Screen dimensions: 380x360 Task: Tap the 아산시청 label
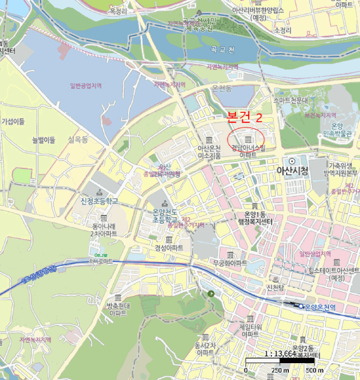pyautogui.click(x=292, y=171)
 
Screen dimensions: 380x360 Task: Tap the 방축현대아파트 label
pyautogui.click(x=118, y=309)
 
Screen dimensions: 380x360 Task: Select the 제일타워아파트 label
pyautogui.click(x=250, y=331)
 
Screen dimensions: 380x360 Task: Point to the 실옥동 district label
pyautogui.click(x=78, y=140)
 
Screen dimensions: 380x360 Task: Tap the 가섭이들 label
pyautogui.click(x=13, y=122)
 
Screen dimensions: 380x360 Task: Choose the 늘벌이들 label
pyautogui.click(x=43, y=141)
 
